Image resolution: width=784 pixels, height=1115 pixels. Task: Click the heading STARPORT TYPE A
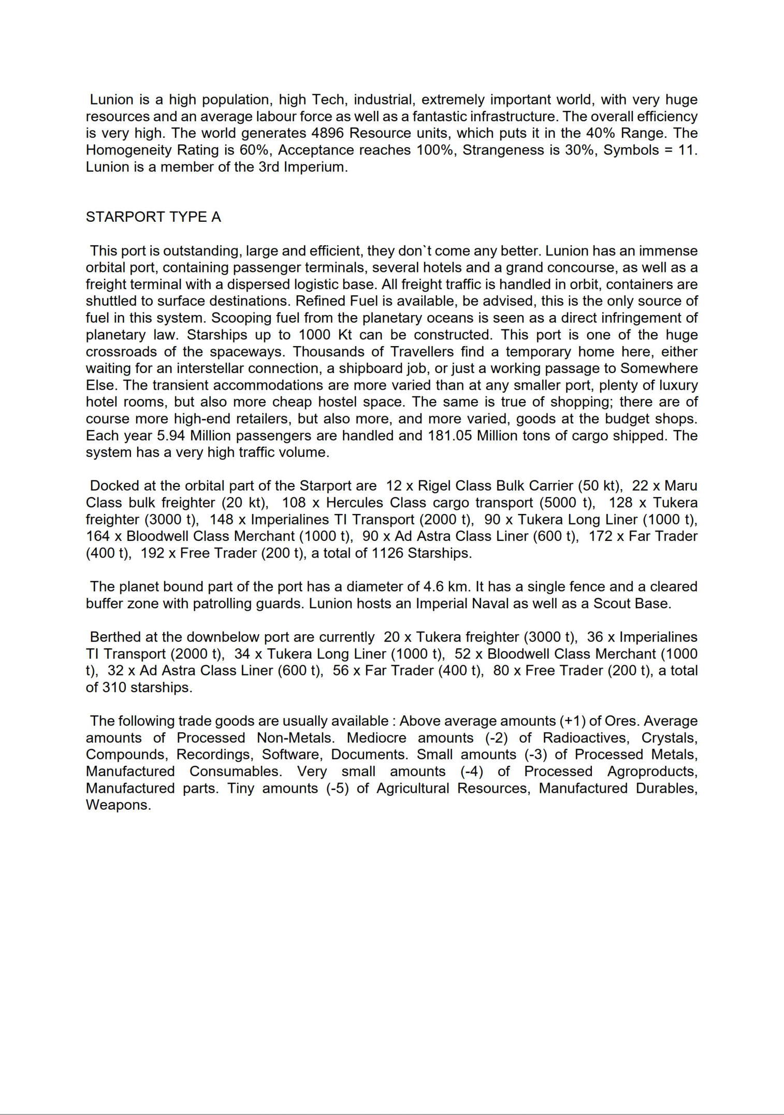pyautogui.click(x=153, y=217)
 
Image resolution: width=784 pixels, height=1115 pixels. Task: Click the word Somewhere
pyautogui.click(x=659, y=368)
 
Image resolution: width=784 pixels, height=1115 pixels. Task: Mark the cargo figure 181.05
pyautogui.click(x=449, y=436)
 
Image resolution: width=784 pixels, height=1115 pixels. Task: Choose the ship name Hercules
pyautogui.click(x=355, y=503)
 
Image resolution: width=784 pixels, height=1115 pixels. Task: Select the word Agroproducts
pyautogui.click(x=651, y=771)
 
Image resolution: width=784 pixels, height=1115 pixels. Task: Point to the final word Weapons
pyautogui.click(x=118, y=805)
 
